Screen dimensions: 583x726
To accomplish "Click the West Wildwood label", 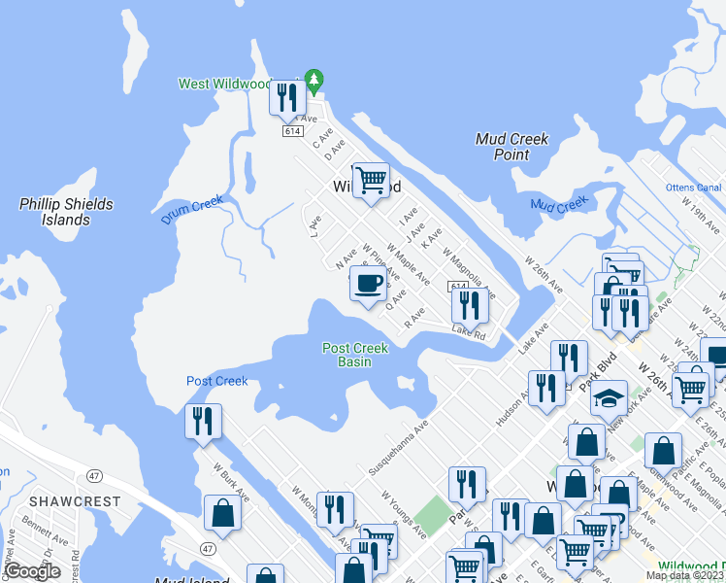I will [224, 85].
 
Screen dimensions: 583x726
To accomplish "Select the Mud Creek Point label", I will [511, 147].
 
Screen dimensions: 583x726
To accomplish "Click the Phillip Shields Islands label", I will [66, 212].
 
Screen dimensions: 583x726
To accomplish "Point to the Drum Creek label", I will [192, 211].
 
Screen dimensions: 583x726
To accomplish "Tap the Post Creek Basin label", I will [355, 355].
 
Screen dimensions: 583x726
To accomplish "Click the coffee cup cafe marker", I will [368, 284].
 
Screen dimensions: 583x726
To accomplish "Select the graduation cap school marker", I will [610, 397].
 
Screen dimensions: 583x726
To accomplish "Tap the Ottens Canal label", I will [693, 188].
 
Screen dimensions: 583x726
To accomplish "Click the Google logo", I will [33, 571].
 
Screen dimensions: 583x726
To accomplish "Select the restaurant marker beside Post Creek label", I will [204, 421].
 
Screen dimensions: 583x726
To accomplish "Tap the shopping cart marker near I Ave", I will [370, 180].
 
